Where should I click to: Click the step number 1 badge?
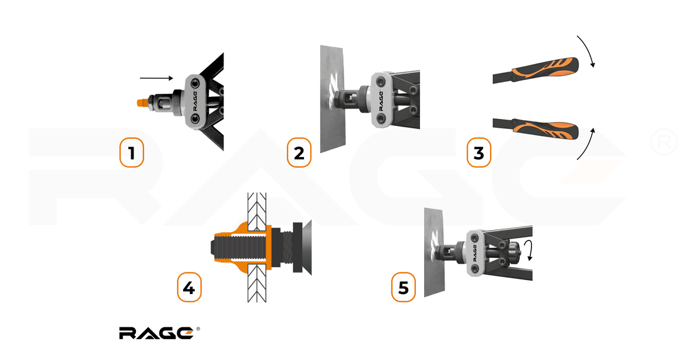[132, 152]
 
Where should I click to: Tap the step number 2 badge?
[299, 152]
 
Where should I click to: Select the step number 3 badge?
[479, 152]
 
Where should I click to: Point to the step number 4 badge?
[190, 287]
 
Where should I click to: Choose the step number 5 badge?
[404, 287]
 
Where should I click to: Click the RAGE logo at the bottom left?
[159, 333]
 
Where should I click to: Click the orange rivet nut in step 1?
[142, 103]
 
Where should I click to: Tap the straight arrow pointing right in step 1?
[156, 78]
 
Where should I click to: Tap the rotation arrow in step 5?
[529, 250]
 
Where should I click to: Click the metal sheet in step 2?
[332, 99]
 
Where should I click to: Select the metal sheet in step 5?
[434, 253]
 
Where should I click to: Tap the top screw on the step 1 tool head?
[195, 84]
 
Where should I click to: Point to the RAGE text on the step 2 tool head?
[381, 100]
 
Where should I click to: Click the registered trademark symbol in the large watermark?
[664, 142]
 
